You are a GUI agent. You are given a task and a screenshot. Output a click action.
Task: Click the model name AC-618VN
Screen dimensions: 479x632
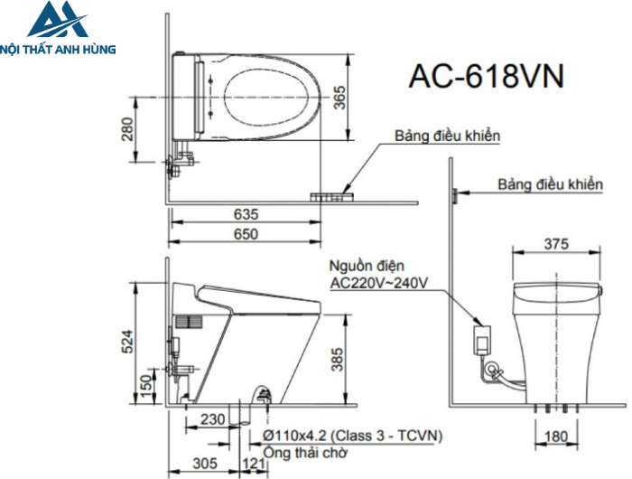pos(488,76)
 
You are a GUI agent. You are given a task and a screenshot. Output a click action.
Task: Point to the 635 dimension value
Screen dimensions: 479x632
pos(245,215)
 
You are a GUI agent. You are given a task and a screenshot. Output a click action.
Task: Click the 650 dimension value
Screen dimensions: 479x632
pos(245,234)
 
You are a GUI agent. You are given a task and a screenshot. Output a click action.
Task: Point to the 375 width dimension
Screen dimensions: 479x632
pos(556,244)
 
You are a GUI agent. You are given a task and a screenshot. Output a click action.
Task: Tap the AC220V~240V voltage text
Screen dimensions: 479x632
pos(379,283)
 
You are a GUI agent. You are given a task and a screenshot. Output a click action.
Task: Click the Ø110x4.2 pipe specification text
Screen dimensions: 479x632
pos(353,436)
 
